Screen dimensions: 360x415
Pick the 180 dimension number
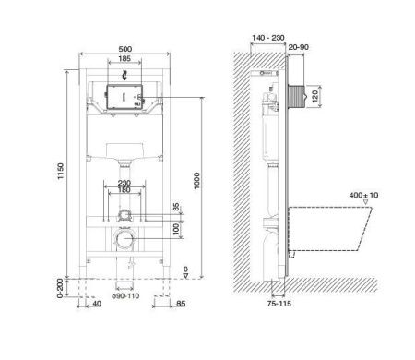coord(125,191)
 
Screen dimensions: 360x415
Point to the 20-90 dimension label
coord(298,48)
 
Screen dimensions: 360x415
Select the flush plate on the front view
coord(125,97)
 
